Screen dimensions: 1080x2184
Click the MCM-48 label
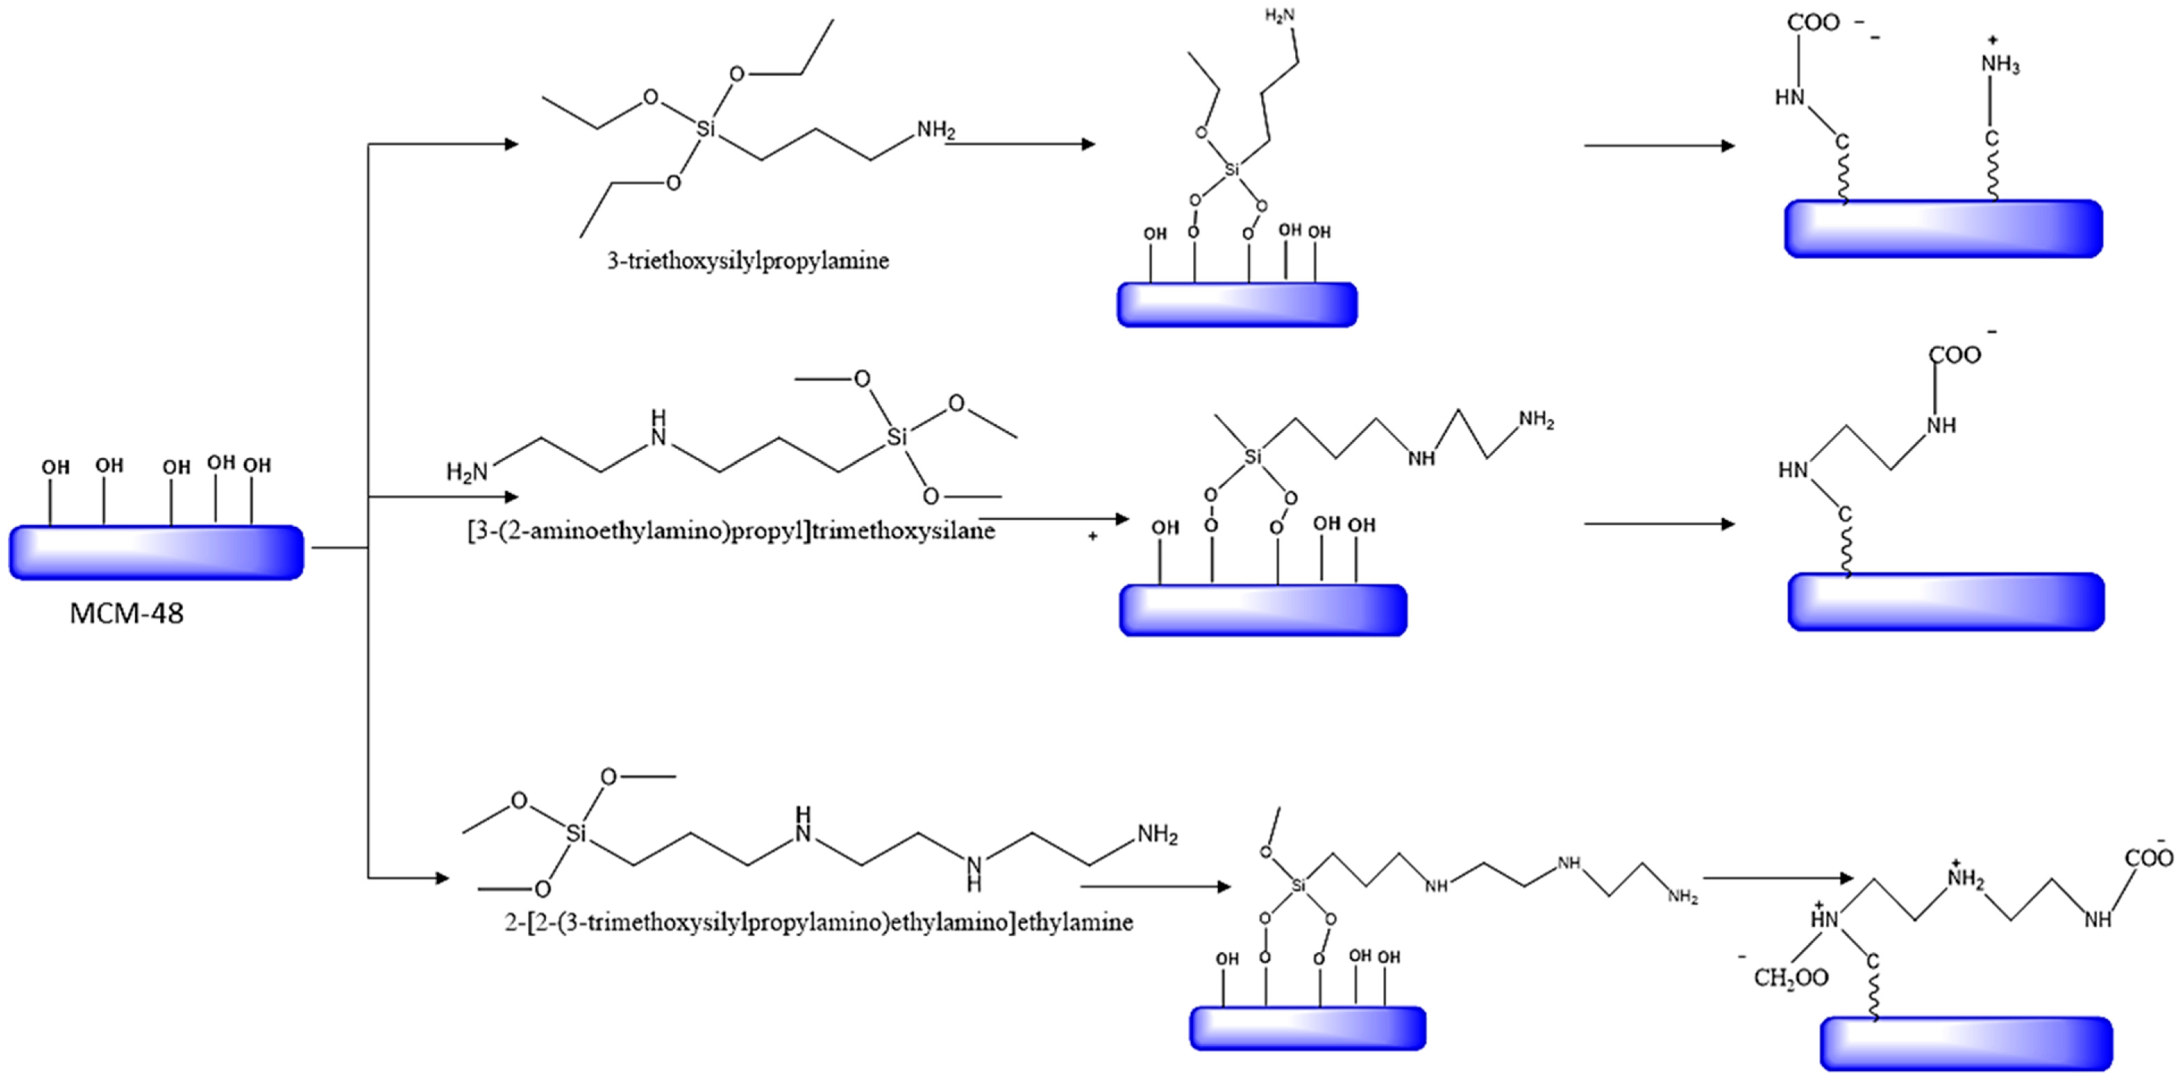[126, 613]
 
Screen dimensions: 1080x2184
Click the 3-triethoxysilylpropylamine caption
[748, 260]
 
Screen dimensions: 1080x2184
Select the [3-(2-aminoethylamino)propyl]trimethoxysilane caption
[731, 532]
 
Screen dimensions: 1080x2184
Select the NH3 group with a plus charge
[2000, 65]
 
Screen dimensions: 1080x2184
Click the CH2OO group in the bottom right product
[1791, 977]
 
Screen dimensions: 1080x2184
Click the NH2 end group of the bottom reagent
[1157, 835]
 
